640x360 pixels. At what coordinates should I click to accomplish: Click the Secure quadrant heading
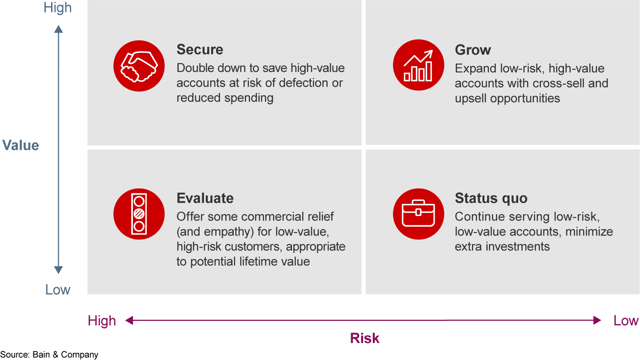click(200, 49)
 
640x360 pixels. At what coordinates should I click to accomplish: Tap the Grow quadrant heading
click(473, 50)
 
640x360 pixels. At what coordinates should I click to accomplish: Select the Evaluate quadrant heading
click(205, 198)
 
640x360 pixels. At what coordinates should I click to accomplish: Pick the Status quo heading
click(491, 198)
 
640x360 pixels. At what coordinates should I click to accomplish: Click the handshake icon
click(139, 66)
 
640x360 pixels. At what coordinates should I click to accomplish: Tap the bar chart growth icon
click(418, 66)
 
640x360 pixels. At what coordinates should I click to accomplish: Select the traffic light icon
click(139, 214)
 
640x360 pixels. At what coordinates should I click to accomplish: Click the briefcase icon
click(418, 214)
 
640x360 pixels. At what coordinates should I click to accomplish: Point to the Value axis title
click(20, 145)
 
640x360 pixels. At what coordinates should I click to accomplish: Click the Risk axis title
click(364, 338)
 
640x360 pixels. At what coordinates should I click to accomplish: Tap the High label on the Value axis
click(57, 8)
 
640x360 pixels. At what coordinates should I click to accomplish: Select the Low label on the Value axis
click(58, 290)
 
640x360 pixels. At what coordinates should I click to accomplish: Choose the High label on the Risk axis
click(102, 321)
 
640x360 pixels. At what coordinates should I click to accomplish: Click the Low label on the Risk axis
click(626, 321)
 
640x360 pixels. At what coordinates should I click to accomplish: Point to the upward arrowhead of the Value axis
click(58, 29)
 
